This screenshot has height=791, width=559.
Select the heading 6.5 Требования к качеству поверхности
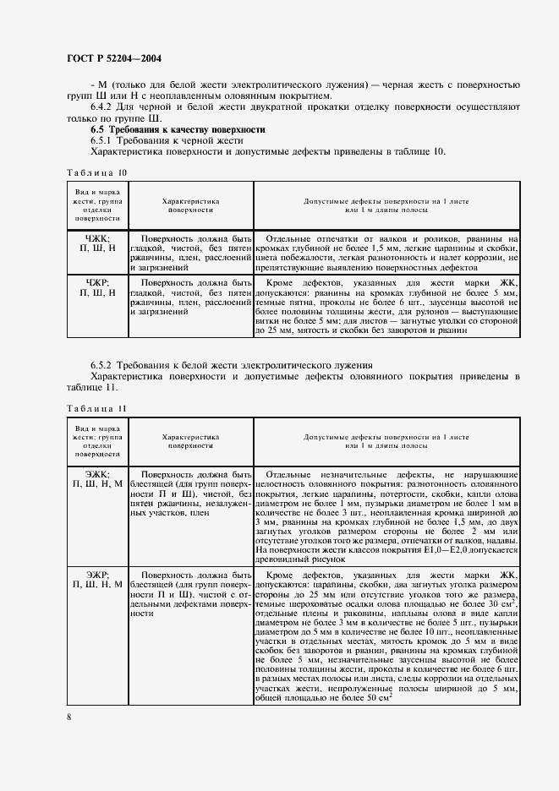tap(178, 129)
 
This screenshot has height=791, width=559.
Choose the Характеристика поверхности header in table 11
tap(190, 441)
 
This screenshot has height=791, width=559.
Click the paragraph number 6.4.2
tap(102, 107)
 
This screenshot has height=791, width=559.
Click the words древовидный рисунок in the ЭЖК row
tap(293, 559)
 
